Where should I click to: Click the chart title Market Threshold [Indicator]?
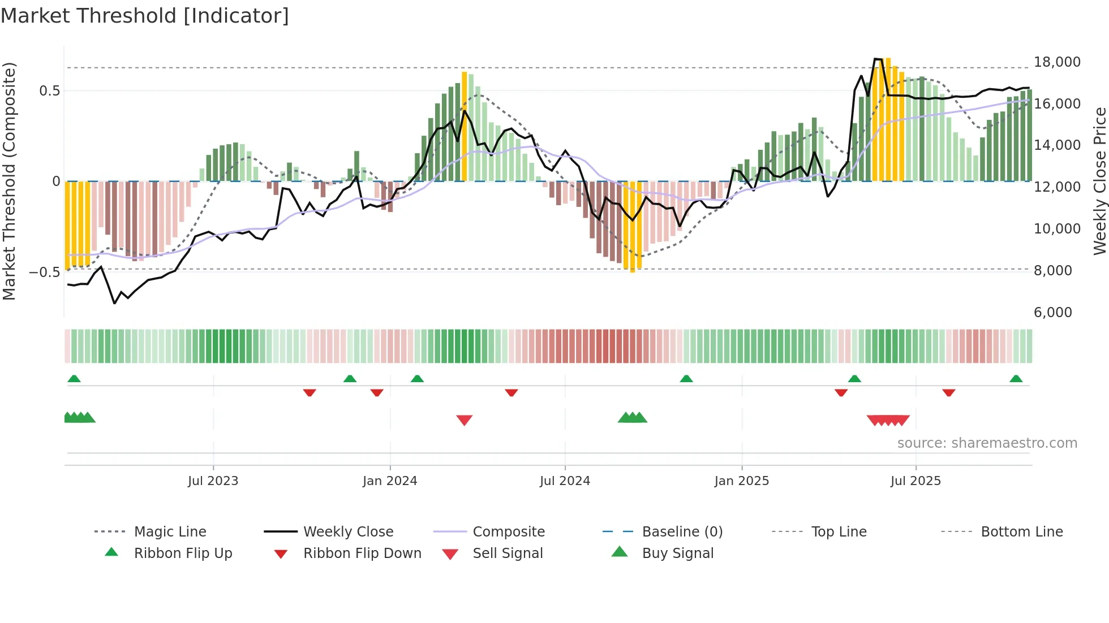[145, 16]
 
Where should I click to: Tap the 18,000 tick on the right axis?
[1056, 62]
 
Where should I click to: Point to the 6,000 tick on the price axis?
[1052, 313]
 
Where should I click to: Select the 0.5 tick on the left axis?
[49, 91]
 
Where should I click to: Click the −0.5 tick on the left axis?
[44, 272]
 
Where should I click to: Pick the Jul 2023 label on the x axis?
[213, 481]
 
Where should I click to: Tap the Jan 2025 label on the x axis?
[741, 481]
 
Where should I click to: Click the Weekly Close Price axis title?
[1099, 181]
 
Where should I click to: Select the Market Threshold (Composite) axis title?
[9, 181]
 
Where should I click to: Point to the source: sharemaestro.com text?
[987, 443]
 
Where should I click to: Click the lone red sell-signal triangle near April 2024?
[464, 420]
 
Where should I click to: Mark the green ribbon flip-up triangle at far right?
[1016, 379]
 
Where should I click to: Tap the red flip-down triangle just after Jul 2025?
[948, 392]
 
